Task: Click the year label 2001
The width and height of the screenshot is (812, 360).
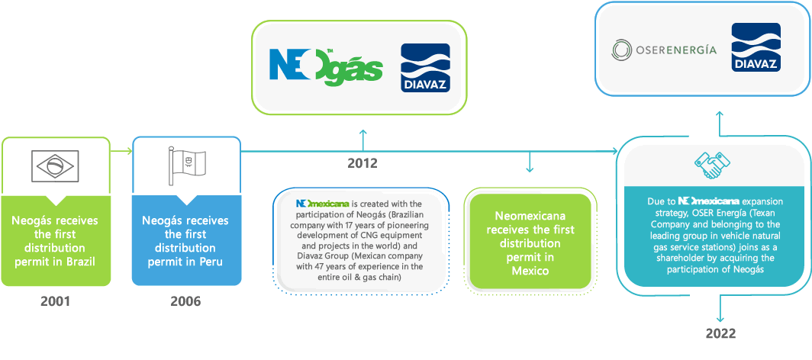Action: (x=56, y=301)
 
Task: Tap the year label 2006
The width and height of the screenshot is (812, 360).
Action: (x=185, y=301)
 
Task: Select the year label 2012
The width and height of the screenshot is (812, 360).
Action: (x=362, y=162)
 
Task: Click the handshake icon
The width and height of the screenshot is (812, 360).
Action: (x=713, y=164)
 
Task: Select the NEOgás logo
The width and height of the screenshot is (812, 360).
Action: (x=326, y=66)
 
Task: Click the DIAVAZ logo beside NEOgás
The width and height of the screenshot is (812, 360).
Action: (x=425, y=67)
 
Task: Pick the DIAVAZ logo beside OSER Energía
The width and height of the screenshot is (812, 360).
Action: (x=755, y=49)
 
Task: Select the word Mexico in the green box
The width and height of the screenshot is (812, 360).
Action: (x=530, y=270)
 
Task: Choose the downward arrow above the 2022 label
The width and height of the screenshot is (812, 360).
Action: (x=718, y=310)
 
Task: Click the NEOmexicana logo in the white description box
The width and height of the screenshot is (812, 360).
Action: (x=323, y=204)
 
